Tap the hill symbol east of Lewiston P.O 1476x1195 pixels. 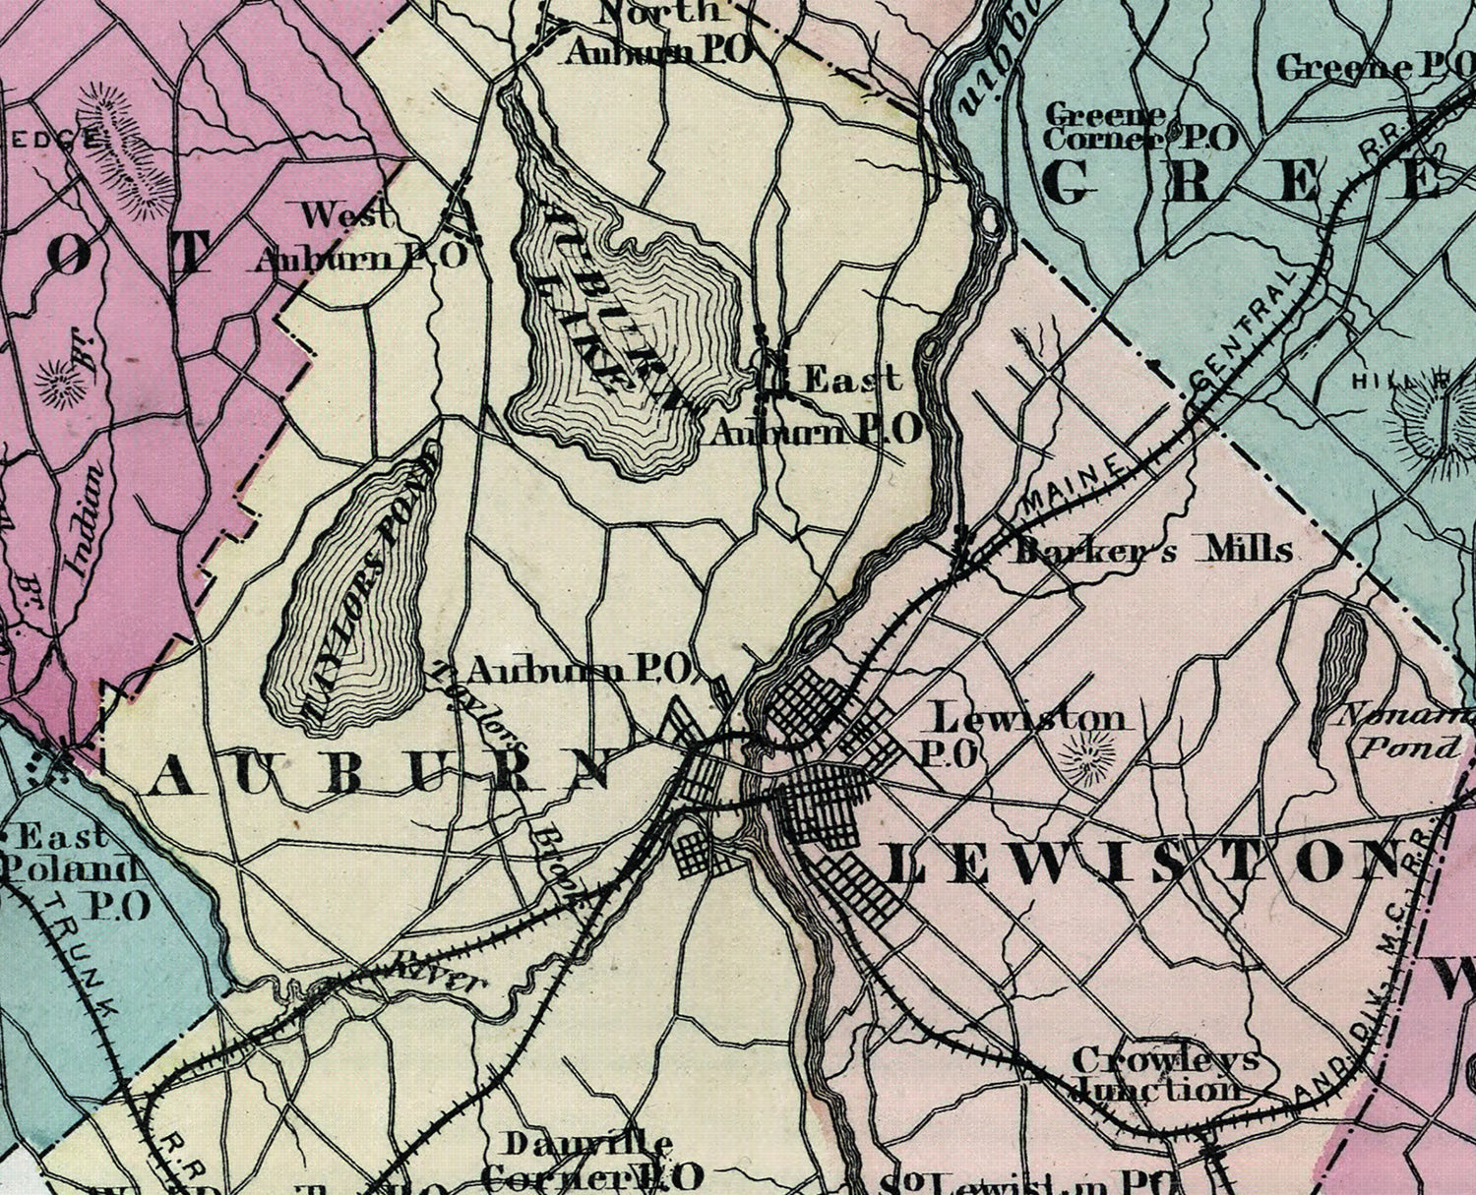(1087, 757)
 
